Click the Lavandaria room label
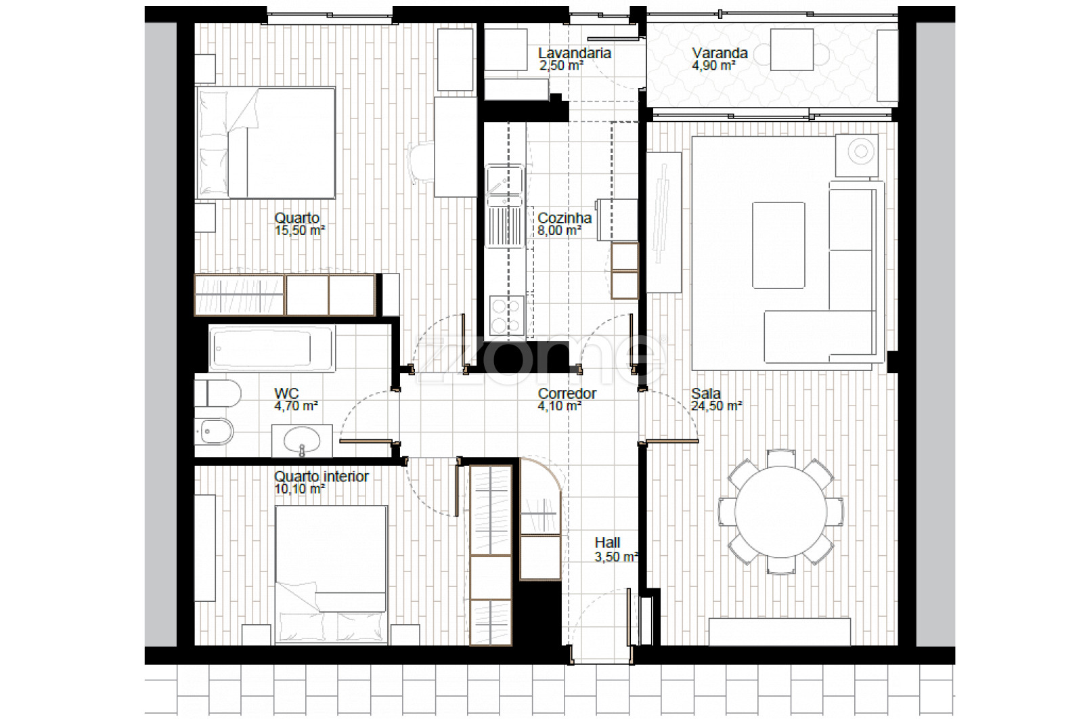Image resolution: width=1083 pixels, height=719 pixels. tap(575, 53)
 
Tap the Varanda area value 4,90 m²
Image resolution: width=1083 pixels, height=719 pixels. tap(713, 65)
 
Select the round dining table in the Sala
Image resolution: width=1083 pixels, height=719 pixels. tap(781, 512)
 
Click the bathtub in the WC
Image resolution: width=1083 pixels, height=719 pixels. tap(272, 348)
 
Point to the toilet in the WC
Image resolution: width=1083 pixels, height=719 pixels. tap(217, 393)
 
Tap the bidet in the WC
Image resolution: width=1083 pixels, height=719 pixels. tap(214, 431)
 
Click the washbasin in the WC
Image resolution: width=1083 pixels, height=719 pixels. tap(302, 441)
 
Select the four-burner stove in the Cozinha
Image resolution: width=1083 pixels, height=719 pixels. tap(507, 315)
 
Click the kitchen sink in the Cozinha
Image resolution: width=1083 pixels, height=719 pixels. tap(505, 206)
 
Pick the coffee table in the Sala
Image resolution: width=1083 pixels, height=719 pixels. tap(778, 245)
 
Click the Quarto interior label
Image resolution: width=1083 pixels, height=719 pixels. tap(321, 477)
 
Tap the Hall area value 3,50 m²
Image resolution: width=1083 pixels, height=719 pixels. tap(616, 557)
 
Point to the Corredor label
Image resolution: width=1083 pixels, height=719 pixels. tap(567, 393)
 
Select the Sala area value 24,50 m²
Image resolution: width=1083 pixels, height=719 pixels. tap(717, 406)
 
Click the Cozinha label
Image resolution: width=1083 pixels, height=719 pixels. tap(565, 218)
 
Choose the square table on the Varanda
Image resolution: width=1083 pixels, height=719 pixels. tap(792, 49)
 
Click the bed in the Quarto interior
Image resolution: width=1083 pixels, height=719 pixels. tap(331, 574)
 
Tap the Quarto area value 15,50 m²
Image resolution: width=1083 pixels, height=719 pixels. tap(300, 231)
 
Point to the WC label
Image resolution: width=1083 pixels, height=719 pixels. tap(287, 393)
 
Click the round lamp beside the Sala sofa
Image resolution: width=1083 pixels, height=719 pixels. tap(860, 152)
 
